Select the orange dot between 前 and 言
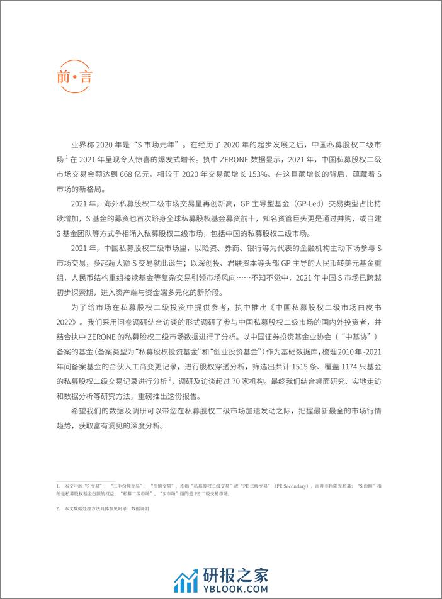75,80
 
